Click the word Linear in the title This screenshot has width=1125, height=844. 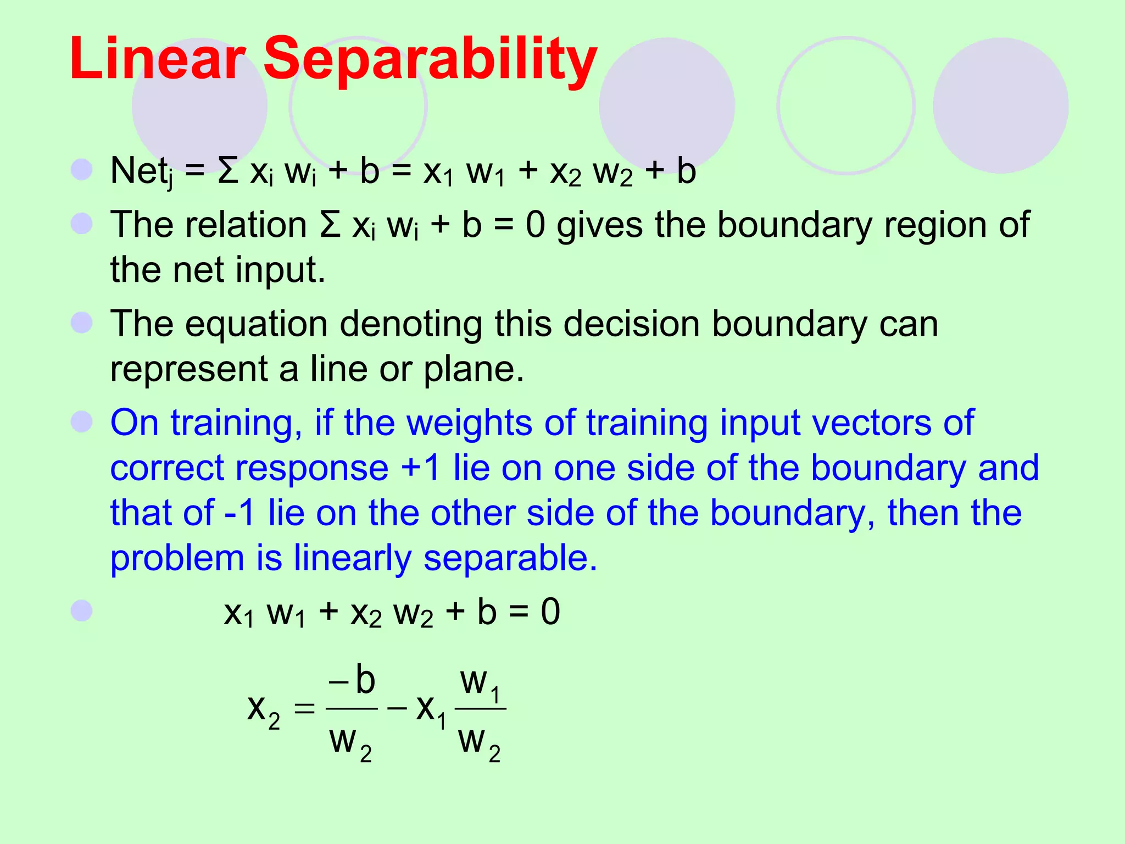(x=157, y=58)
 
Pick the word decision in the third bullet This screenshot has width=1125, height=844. (x=632, y=324)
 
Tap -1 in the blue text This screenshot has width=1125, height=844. (x=240, y=513)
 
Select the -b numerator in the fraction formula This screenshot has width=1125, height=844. (x=352, y=680)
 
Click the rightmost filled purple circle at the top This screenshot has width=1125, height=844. (x=1000, y=105)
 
